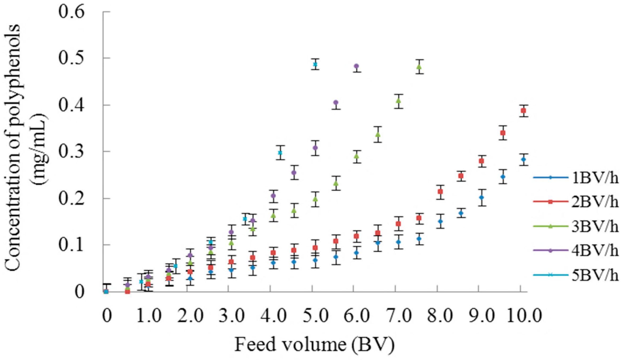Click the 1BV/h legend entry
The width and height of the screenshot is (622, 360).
coord(576,178)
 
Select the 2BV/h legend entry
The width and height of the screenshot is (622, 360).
coord(576,202)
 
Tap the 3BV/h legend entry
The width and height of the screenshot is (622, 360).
coord(576,226)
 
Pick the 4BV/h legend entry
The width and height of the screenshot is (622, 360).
coord(576,251)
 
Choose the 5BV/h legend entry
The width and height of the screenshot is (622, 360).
coord(576,275)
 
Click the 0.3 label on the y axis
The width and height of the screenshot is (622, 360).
coord(71,152)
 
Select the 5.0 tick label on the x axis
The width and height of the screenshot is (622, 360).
coord(316,316)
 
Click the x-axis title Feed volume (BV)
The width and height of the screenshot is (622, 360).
coord(315,345)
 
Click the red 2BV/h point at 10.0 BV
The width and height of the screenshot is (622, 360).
coord(523,111)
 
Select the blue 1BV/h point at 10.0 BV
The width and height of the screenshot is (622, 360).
coord(523,160)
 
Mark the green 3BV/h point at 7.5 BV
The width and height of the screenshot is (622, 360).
coord(419,67)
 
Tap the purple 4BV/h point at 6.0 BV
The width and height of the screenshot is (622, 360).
coord(357,66)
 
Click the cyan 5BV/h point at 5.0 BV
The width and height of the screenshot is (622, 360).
coord(315,64)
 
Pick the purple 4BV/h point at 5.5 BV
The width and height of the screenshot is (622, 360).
coord(336,103)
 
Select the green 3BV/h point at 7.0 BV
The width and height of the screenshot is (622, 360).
coord(398,101)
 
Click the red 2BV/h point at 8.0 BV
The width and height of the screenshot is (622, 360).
coord(440,192)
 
